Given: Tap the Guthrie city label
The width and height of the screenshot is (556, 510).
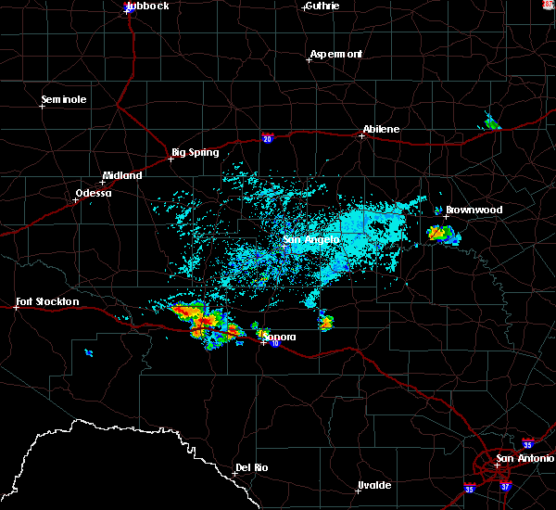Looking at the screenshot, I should (321, 6).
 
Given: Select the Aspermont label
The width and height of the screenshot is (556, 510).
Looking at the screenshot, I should (335, 54).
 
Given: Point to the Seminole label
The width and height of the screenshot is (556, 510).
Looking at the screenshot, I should (64, 99).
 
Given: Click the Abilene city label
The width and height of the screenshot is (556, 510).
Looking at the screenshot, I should (381, 129).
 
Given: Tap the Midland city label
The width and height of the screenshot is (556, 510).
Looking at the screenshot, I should (122, 175).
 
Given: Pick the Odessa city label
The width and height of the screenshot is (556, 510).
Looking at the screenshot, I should (93, 193).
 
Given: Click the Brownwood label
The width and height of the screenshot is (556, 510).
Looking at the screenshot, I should (474, 210).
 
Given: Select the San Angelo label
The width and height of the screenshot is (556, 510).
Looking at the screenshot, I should (311, 239).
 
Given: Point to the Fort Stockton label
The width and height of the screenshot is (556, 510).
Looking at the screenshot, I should (48, 301).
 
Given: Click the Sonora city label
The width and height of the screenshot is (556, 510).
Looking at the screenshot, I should (277, 335).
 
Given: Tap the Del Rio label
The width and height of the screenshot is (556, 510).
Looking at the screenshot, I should (251, 466).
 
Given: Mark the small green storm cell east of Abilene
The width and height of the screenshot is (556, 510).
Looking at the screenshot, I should (491, 123).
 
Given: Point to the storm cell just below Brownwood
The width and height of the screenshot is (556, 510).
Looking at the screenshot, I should (441, 234).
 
